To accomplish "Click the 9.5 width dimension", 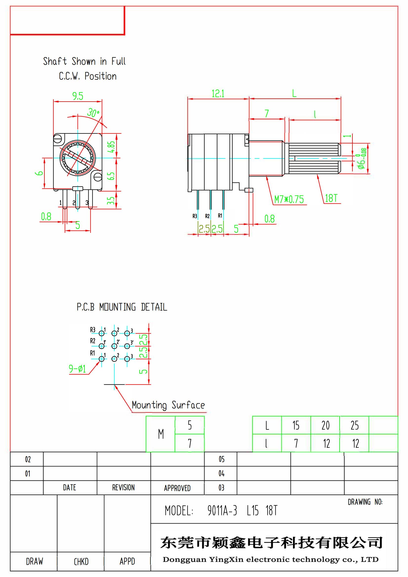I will pos(78,96).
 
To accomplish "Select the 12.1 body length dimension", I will pos(218,94).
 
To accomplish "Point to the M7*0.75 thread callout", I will pos(289,200).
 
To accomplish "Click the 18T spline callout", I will pos(331,198).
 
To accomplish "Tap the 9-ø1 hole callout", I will pos(77,369).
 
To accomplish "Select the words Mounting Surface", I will pos(168,405).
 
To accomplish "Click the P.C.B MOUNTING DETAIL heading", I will pos(122,307).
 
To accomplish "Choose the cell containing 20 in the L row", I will pos(325,425).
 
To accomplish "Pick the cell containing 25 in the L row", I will pos(354,425).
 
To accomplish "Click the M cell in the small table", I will pos(161,434).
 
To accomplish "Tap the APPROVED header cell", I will pos(177,488).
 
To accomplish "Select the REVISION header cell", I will pos(123,487).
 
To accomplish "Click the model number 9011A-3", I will pos(222,511).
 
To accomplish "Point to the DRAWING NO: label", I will pos(365,502).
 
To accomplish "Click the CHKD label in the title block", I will pos(81,561).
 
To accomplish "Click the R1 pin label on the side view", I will pos(220,216).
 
